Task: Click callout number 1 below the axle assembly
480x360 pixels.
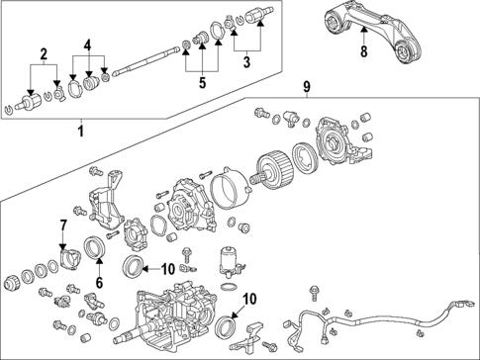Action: (x=81, y=129)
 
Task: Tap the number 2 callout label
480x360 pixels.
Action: (x=43, y=52)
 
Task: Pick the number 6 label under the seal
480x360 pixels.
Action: (x=98, y=283)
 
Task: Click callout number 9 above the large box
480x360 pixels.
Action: (x=307, y=88)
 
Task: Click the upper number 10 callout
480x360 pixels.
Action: (x=167, y=268)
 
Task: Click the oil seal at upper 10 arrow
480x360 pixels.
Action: (x=132, y=267)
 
